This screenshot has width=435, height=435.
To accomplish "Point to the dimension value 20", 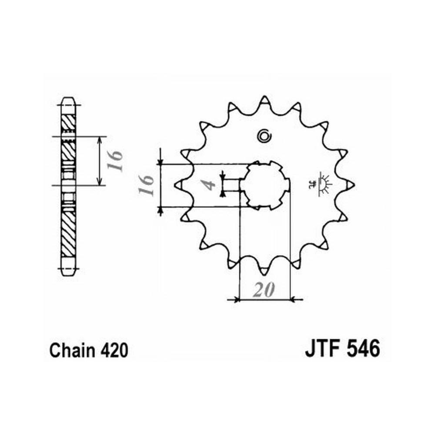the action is coord(264,290).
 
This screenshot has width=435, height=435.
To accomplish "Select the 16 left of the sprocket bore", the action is coord(146,185).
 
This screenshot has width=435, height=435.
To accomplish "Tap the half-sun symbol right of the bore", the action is coord(321,184).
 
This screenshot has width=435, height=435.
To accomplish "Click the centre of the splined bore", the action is coord(264,185).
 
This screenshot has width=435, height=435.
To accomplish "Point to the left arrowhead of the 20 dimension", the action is coord(236,300).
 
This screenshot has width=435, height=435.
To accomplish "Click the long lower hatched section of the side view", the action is coord(68,234).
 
